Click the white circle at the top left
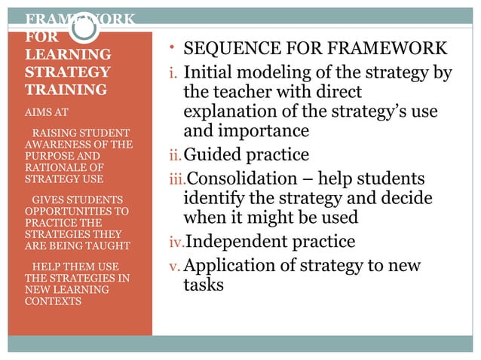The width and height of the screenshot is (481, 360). (x=85, y=28)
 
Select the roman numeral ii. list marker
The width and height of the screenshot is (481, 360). (x=174, y=157)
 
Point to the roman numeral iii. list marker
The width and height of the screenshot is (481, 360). (x=176, y=180)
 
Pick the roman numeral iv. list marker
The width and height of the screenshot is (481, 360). (x=176, y=243)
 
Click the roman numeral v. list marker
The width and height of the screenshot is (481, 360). (x=173, y=267)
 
